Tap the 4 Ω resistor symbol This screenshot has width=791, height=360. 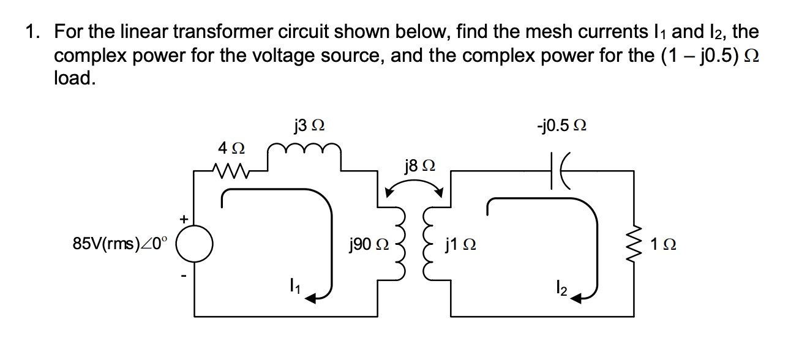231,168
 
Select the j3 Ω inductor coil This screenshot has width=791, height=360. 305,149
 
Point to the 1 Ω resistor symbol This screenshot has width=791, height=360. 634,245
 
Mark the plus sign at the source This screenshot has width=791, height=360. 182,217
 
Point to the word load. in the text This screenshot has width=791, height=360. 75,79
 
